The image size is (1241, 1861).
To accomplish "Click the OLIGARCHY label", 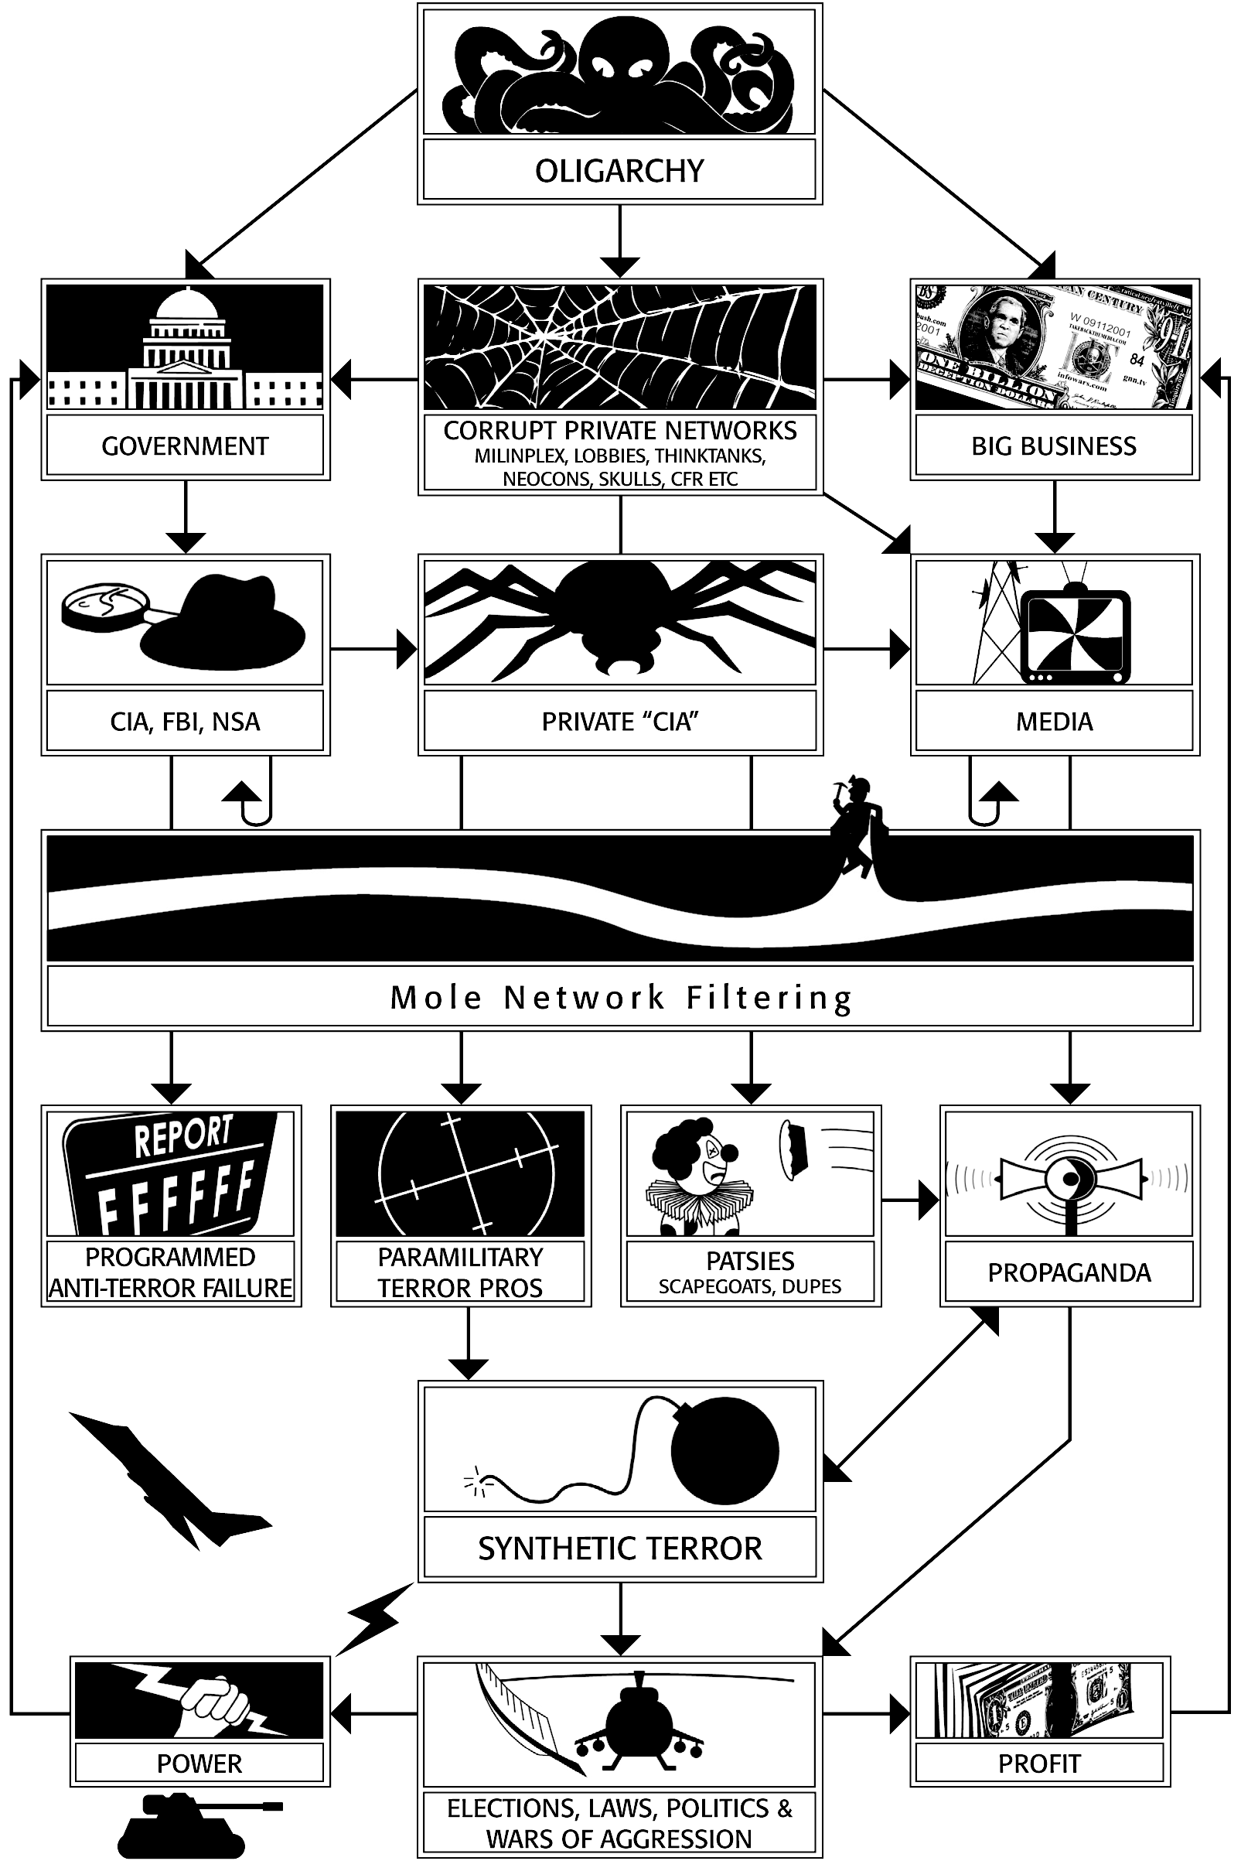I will [x=619, y=171].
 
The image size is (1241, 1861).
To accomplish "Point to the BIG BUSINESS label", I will [x=1053, y=446].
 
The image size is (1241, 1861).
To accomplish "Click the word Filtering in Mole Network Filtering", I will [x=769, y=997].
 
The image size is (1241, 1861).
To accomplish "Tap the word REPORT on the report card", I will [x=182, y=1137].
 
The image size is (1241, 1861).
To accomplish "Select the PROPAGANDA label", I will [x=1069, y=1273].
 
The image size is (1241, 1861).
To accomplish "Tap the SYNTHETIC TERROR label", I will [x=619, y=1549].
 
